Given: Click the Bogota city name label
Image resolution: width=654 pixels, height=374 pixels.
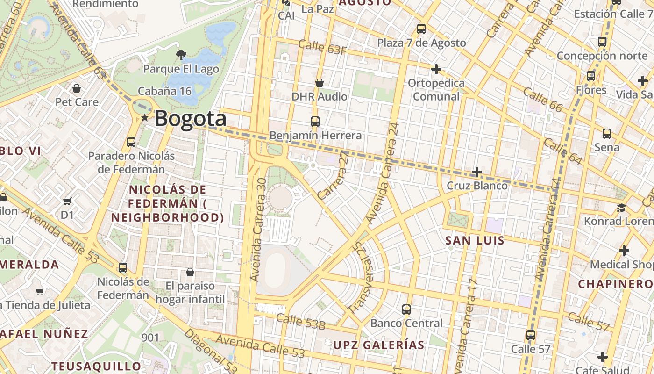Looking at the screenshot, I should coord(190,119).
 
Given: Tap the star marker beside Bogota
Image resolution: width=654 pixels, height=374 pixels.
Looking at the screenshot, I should coord(145,118).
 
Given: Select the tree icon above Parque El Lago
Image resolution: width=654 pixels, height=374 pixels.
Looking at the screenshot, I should coord(181,55).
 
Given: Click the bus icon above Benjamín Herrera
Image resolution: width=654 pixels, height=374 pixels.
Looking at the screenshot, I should coord(315,122).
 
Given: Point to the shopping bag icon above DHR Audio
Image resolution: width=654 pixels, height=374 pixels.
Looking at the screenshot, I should coord(320,83).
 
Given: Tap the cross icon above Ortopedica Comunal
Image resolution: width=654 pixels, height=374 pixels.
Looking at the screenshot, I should coord(436,69).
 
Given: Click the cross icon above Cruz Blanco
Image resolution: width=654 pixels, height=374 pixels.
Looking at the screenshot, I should coord(476,172).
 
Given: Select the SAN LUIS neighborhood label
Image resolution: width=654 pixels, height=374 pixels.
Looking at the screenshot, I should coord(475,241).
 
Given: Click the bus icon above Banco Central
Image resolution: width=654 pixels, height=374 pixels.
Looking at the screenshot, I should coord(406,309).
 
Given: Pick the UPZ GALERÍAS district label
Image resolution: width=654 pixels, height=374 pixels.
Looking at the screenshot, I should coord(378,345).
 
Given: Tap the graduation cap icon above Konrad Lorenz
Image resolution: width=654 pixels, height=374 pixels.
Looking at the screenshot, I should coord(621,207).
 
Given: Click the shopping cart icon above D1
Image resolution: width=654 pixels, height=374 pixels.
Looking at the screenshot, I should coord(67,201).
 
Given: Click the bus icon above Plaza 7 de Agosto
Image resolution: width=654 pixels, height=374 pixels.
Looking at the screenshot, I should coord(421,29).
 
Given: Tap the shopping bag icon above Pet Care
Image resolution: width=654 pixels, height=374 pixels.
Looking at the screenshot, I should coord(77,88).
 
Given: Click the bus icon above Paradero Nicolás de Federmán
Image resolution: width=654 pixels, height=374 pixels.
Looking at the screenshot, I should coord(131,142).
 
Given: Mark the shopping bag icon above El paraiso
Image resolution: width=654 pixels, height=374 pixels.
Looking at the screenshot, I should coord(190,272).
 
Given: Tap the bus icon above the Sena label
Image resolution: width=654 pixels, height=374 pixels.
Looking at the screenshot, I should coord(607,133).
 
